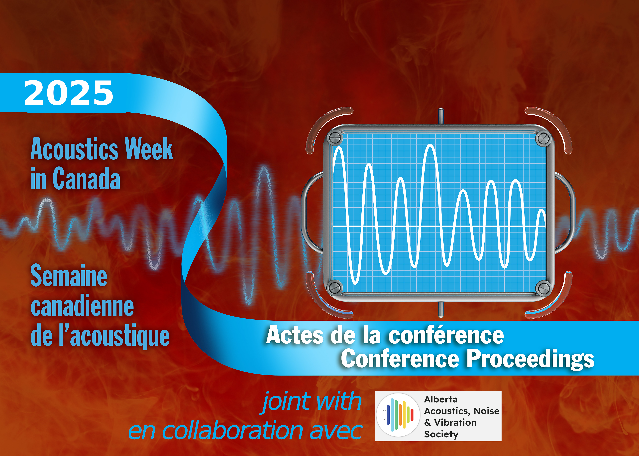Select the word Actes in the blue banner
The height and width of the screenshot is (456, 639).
coord(295,335)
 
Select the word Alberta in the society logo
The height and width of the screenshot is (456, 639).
coord(441,399)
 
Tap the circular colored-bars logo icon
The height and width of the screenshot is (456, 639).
coord(398,415)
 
